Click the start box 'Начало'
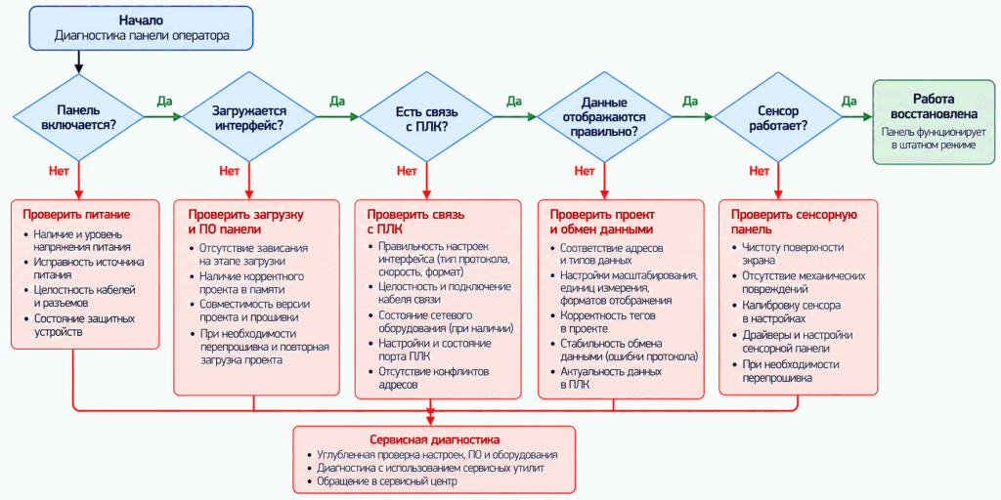click(141, 28)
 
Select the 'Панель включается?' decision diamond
click(78, 117)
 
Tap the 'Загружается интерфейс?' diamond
click(249, 117)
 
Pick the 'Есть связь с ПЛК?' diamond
click(427, 117)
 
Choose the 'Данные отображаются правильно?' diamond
click(604, 117)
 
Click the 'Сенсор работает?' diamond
click(777, 117)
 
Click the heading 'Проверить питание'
click(77, 214)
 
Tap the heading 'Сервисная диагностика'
click(435, 440)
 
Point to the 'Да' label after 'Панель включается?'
click(164, 102)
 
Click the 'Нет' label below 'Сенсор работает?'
click(759, 171)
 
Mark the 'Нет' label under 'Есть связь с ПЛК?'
click(408, 171)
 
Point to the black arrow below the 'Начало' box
click(78, 62)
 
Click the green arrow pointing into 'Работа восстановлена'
click(857, 117)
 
